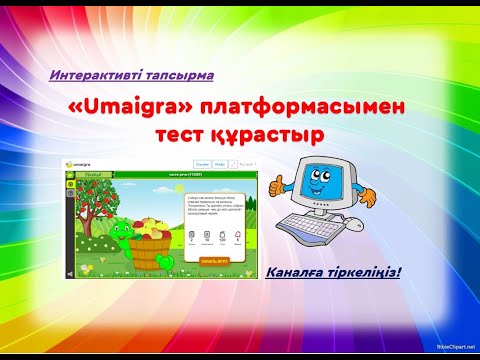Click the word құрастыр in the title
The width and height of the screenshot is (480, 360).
(x=274, y=135)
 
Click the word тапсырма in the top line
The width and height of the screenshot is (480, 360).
(x=180, y=75)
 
